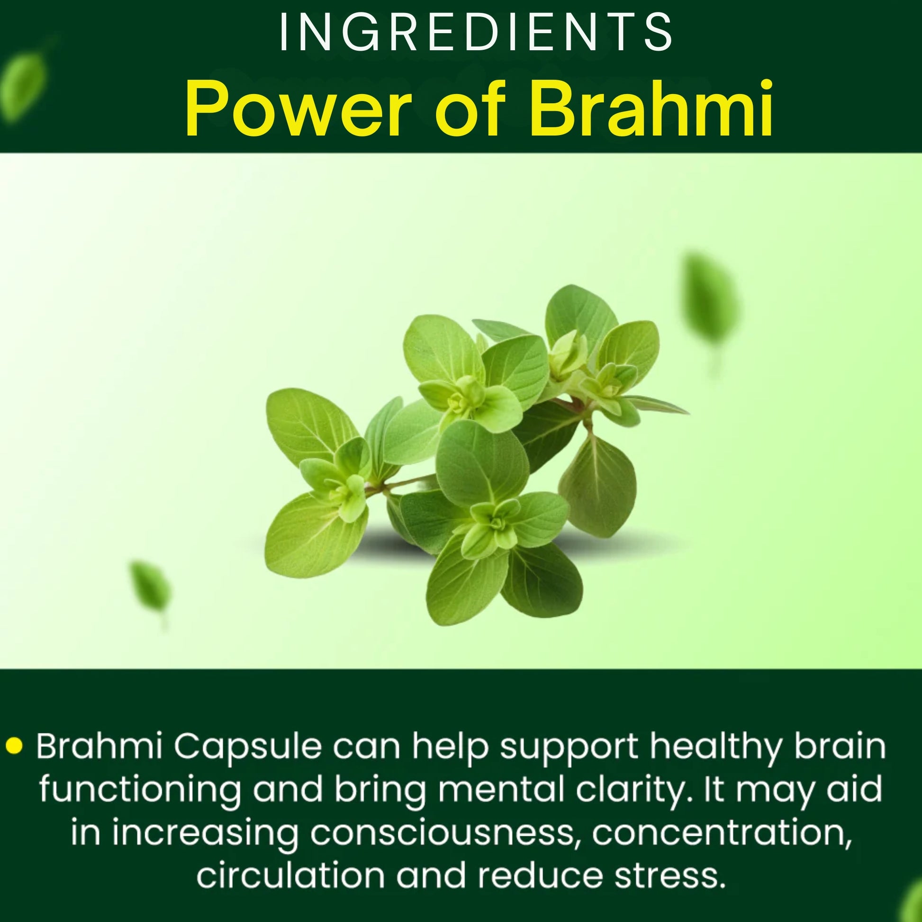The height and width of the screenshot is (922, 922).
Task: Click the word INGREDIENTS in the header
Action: point(476,33)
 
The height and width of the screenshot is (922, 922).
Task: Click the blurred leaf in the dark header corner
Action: point(26,79)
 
